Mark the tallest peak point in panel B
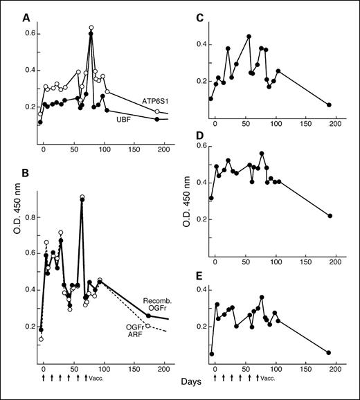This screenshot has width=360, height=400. click(82, 197)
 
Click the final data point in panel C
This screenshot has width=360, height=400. click(329, 104)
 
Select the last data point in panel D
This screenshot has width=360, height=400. click(330, 216)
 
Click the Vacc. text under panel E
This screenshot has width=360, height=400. click(267, 378)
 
